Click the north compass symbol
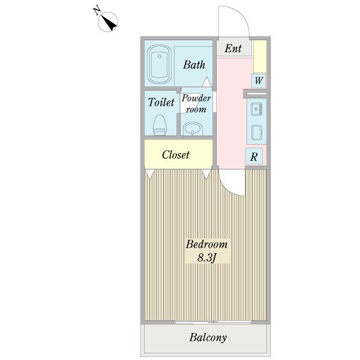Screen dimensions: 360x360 click(108, 22)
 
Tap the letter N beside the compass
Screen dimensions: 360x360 click(97, 11)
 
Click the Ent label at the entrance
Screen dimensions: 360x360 click(233, 48)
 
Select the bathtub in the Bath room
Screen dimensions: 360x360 click(160, 64)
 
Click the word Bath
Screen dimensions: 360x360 click(194, 65)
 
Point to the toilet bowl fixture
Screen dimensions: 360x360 click(160, 125)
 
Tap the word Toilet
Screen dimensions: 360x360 click(161, 102)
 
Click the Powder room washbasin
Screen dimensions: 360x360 click(193, 129)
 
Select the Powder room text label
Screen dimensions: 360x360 click(196, 104)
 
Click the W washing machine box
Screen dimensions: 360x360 click(259, 80)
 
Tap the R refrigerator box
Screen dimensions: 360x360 click(254, 157)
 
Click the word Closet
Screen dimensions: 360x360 click(176, 155)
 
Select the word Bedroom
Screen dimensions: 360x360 click(206, 244)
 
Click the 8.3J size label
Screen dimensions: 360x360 click(206, 258)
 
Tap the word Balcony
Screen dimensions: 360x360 click(208, 337)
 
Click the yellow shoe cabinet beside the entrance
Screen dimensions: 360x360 click(260, 56)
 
